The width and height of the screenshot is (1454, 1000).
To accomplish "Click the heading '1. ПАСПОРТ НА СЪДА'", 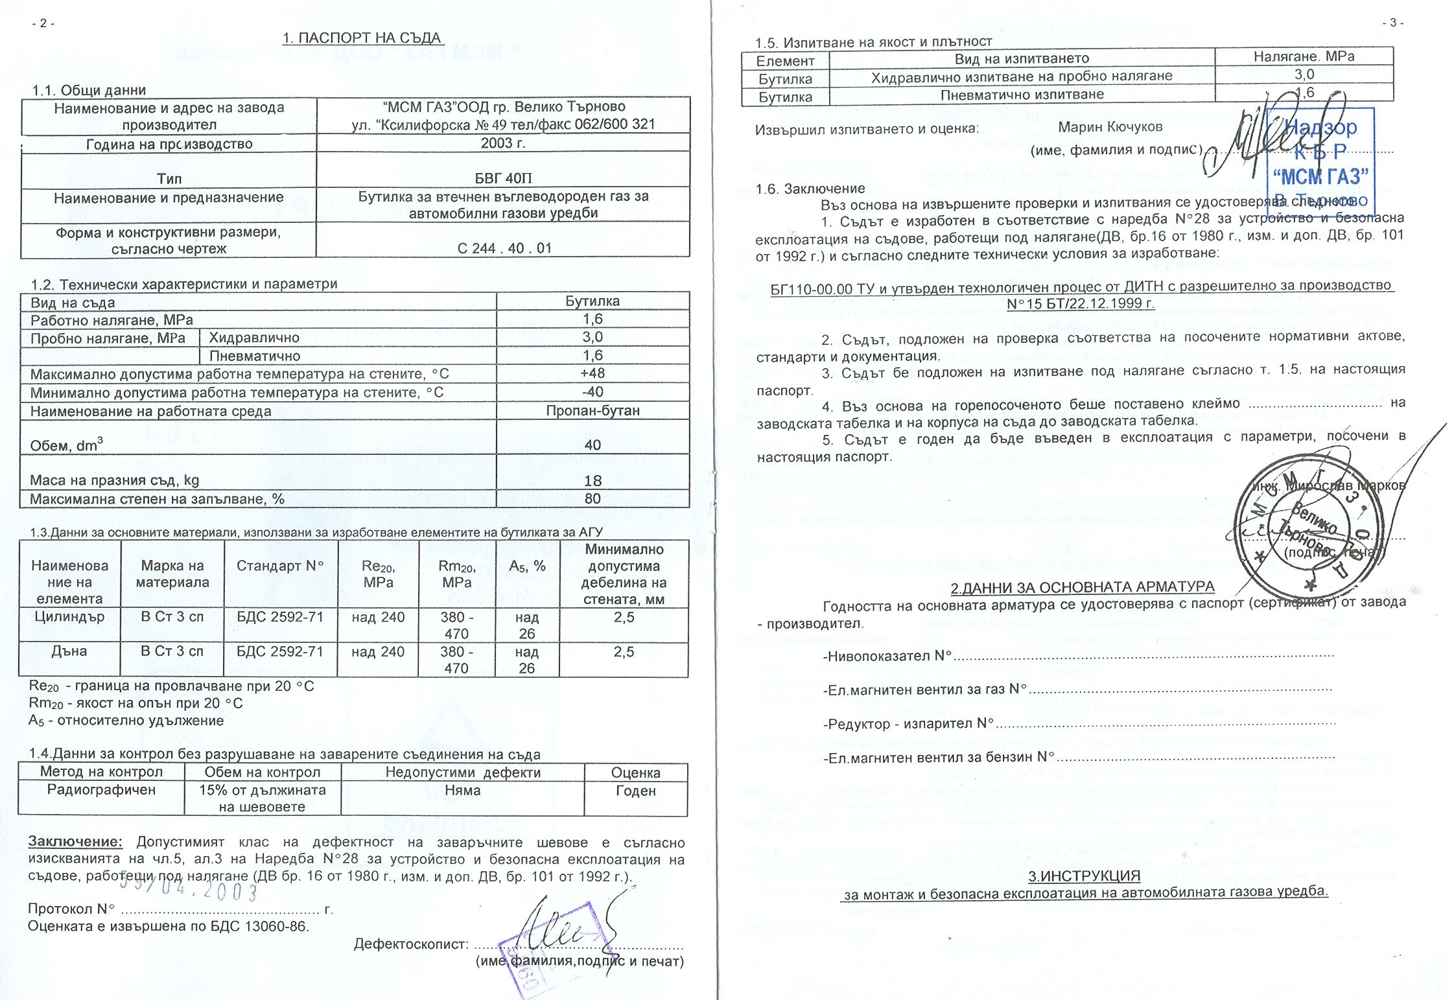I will pyautogui.click(x=362, y=38).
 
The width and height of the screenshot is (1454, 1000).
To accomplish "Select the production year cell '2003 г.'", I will pyautogui.click(x=503, y=143).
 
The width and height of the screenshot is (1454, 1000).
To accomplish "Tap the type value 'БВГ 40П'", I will pyautogui.click(x=503, y=178).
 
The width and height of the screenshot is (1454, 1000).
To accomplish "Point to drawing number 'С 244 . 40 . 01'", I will pyautogui.click(x=504, y=248).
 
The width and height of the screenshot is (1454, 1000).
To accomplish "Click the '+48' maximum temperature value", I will pyautogui.click(x=592, y=373).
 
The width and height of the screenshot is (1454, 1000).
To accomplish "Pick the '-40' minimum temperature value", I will pyautogui.click(x=592, y=391).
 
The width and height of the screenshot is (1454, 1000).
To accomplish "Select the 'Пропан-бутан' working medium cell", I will pyautogui.click(x=592, y=410).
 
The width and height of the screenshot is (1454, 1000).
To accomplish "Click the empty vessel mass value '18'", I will pyautogui.click(x=592, y=480).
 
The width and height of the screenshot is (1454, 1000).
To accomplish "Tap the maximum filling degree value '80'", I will pyautogui.click(x=592, y=498).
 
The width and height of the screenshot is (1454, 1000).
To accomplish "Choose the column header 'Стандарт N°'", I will pyautogui.click(x=279, y=566).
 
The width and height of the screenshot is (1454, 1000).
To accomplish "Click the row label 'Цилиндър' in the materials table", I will pyautogui.click(x=69, y=617).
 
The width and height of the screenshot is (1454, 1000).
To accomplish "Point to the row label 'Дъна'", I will pyautogui.click(x=69, y=651).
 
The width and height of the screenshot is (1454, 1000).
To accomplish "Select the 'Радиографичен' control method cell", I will pyautogui.click(x=101, y=790).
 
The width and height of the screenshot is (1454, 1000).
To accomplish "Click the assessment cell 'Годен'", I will pyautogui.click(x=635, y=791).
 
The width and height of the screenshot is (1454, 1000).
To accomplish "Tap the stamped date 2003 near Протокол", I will pyautogui.click(x=188, y=889).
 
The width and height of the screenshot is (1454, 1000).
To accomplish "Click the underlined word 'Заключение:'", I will pyautogui.click(x=75, y=842).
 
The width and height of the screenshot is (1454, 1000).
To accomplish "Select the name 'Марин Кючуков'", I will pyautogui.click(x=1110, y=127).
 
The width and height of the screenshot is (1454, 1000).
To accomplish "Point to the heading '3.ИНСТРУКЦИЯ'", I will pyautogui.click(x=1084, y=876).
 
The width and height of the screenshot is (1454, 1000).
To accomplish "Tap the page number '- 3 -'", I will pyautogui.click(x=1392, y=23).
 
